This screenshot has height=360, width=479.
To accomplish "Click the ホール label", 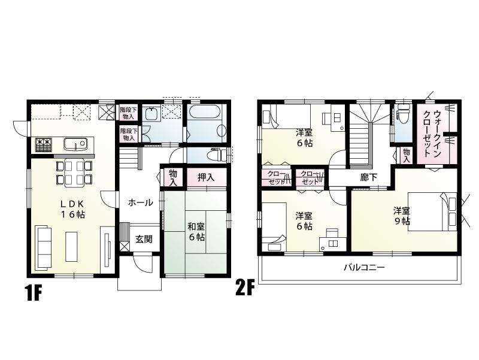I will click(x=140, y=202).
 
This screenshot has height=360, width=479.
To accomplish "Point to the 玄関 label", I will click(x=143, y=239).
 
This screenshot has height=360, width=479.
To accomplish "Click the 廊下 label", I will click(x=368, y=177).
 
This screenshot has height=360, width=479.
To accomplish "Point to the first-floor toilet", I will click(x=217, y=155).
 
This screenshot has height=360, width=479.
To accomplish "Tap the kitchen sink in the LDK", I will click(x=75, y=144).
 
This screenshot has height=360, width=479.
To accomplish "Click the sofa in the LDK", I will click(x=43, y=247).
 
